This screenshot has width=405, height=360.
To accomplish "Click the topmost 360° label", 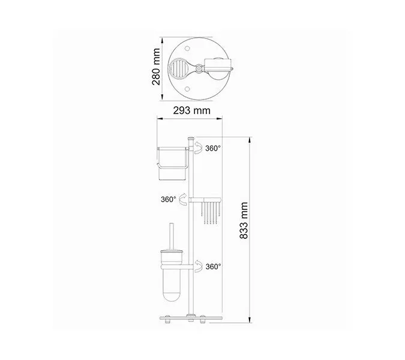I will pos(213,148).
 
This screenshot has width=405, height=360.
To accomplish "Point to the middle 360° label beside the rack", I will pos(169,199).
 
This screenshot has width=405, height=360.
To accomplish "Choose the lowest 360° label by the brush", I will pos(213,266).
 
